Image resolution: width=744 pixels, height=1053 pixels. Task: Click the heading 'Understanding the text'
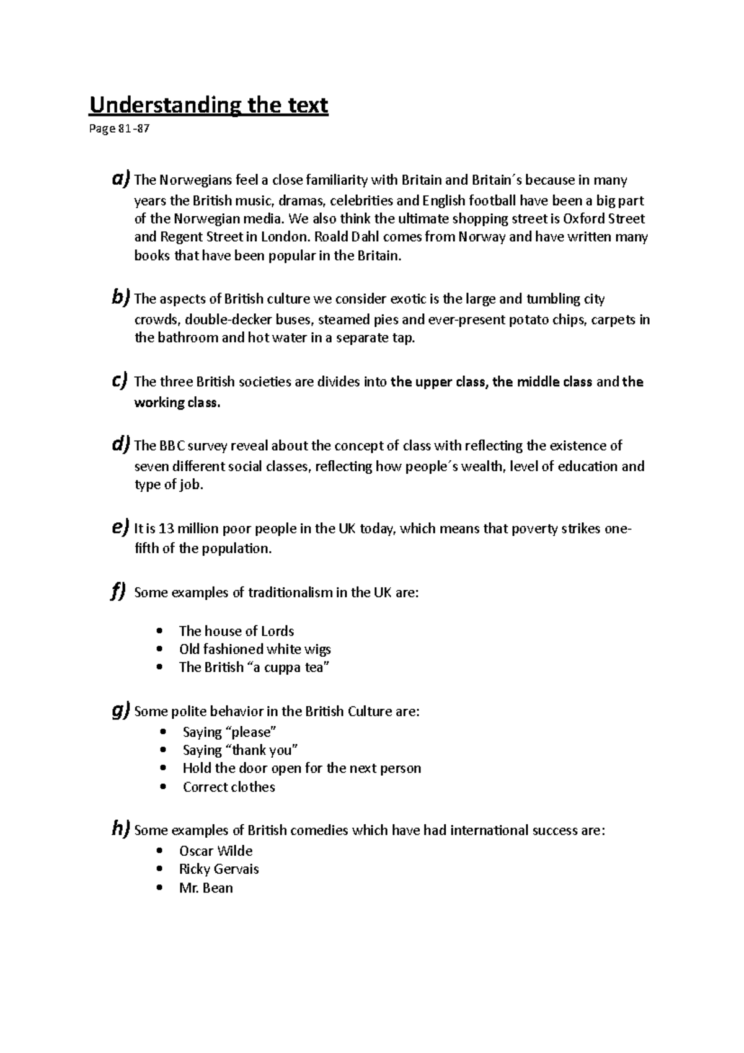point(208,105)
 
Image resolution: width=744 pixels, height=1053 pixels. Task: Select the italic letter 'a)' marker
point(121,179)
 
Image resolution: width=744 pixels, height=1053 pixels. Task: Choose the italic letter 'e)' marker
point(121,528)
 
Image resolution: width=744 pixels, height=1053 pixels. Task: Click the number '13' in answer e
point(167,529)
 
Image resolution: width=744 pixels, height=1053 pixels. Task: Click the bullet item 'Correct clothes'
point(229,787)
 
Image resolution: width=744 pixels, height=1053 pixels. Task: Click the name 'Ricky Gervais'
point(219,869)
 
